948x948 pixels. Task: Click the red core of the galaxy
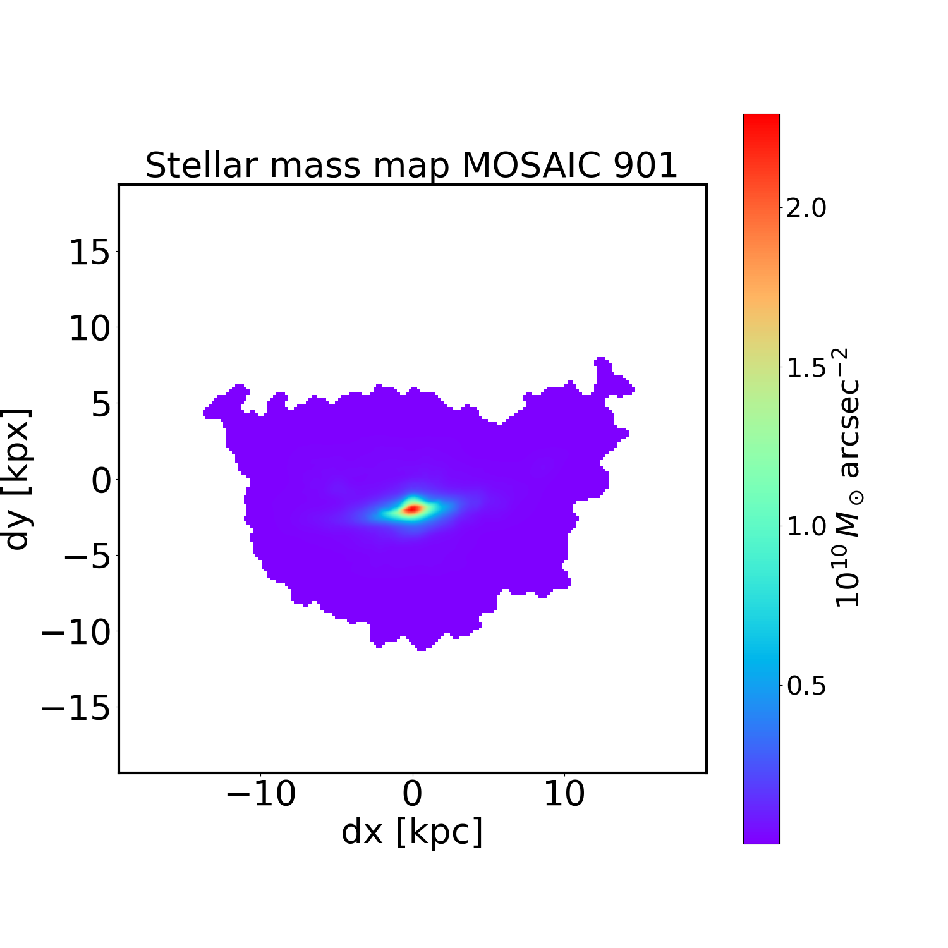(412, 509)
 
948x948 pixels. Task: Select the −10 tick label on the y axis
(76, 632)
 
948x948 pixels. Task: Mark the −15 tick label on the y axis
(76, 708)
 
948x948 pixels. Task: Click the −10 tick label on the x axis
(260, 794)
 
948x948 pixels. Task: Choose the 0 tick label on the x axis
(412, 794)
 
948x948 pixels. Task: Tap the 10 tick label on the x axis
(564, 794)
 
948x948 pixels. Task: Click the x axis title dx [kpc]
(412, 832)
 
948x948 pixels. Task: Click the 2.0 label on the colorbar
(806, 208)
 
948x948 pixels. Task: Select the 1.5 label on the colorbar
(806, 367)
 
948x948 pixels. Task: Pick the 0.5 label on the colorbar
(806, 686)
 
